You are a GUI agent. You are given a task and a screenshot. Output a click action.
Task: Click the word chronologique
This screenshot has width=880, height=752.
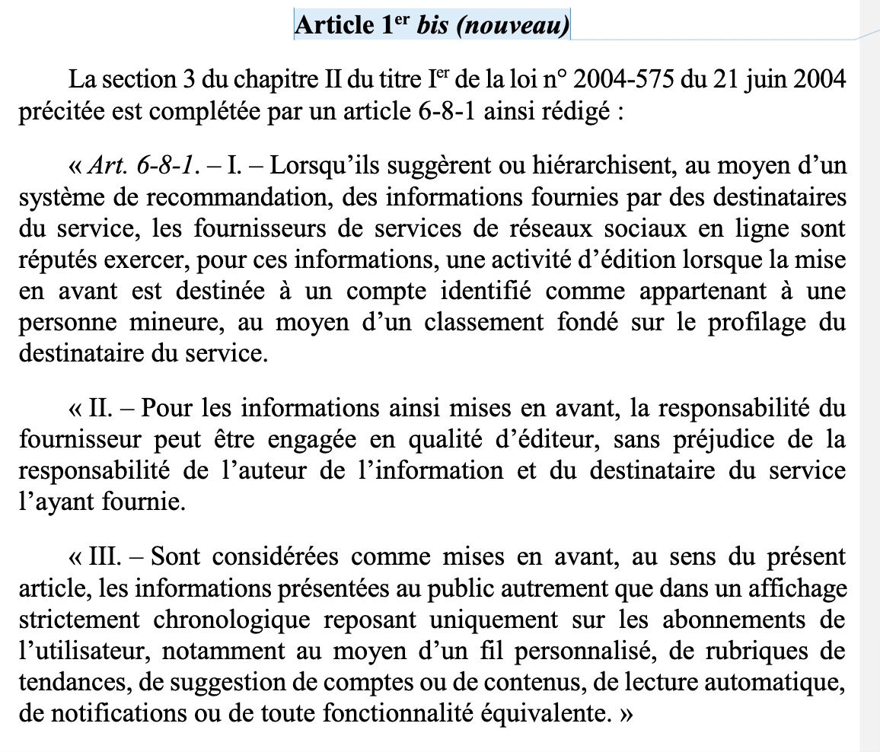click(x=231, y=620)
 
